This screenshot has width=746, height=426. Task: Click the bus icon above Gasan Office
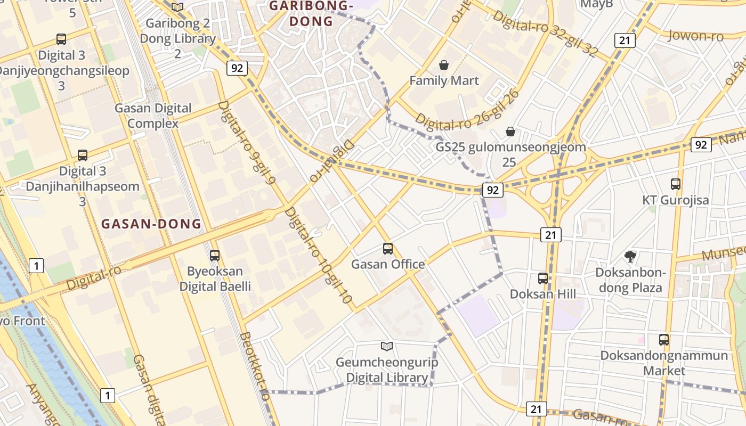click(388, 249)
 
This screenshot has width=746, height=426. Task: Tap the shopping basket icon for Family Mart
click(443, 65)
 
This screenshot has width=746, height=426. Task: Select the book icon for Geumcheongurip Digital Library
click(387, 347)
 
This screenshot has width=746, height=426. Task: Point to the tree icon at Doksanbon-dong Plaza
click(630, 257)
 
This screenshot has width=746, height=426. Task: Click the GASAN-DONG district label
click(151, 224)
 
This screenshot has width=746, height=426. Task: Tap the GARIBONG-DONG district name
click(311, 14)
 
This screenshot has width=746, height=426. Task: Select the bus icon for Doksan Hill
click(542, 278)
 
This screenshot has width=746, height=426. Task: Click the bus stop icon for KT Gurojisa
click(676, 184)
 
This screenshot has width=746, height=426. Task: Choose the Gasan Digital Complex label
click(153, 116)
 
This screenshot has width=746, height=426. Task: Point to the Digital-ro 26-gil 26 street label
click(467, 115)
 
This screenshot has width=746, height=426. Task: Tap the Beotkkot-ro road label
click(255, 367)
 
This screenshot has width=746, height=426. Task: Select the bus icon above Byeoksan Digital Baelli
click(215, 256)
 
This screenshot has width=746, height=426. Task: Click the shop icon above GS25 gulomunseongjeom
click(510, 132)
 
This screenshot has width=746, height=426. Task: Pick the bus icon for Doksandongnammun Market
click(664, 340)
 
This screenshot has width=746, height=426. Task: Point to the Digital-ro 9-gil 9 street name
click(246, 143)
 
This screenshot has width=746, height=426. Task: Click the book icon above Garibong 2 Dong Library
click(177, 7)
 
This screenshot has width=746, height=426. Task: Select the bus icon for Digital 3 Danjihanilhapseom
click(83, 155)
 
